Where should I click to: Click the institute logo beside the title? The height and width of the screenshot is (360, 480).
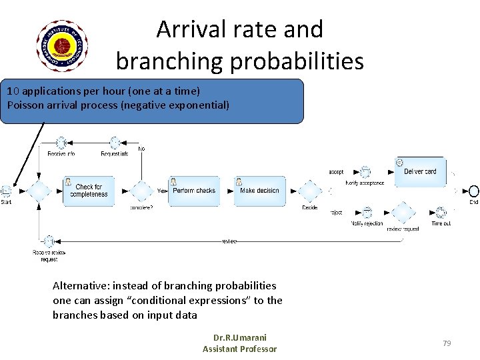[x=62, y=46]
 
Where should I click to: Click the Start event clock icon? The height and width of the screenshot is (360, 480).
[x=7, y=191]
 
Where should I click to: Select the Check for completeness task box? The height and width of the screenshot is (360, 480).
[x=88, y=191]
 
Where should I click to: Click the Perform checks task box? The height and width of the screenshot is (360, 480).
[x=194, y=191]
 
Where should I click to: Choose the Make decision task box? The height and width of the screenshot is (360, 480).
[x=259, y=191]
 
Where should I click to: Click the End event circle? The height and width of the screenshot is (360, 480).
[x=473, y=191]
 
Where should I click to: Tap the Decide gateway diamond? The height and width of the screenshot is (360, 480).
[x=309, y=191]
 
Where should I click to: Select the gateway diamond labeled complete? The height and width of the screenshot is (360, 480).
[x=141, y=191]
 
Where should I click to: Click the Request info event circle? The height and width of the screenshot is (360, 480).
[x=115, y=143]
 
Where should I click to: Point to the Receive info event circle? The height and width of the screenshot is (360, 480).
[x=61, y=143]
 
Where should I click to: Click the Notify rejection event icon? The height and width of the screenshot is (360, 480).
[x=365, y=213]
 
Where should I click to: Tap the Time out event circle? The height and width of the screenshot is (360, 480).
[x=441, y=213]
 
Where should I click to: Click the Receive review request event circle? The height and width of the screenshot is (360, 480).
[x=49, y=241]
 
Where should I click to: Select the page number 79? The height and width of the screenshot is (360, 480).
[x=447, y=343]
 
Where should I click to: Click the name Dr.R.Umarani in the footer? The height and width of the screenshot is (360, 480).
[x=239, y=337]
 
